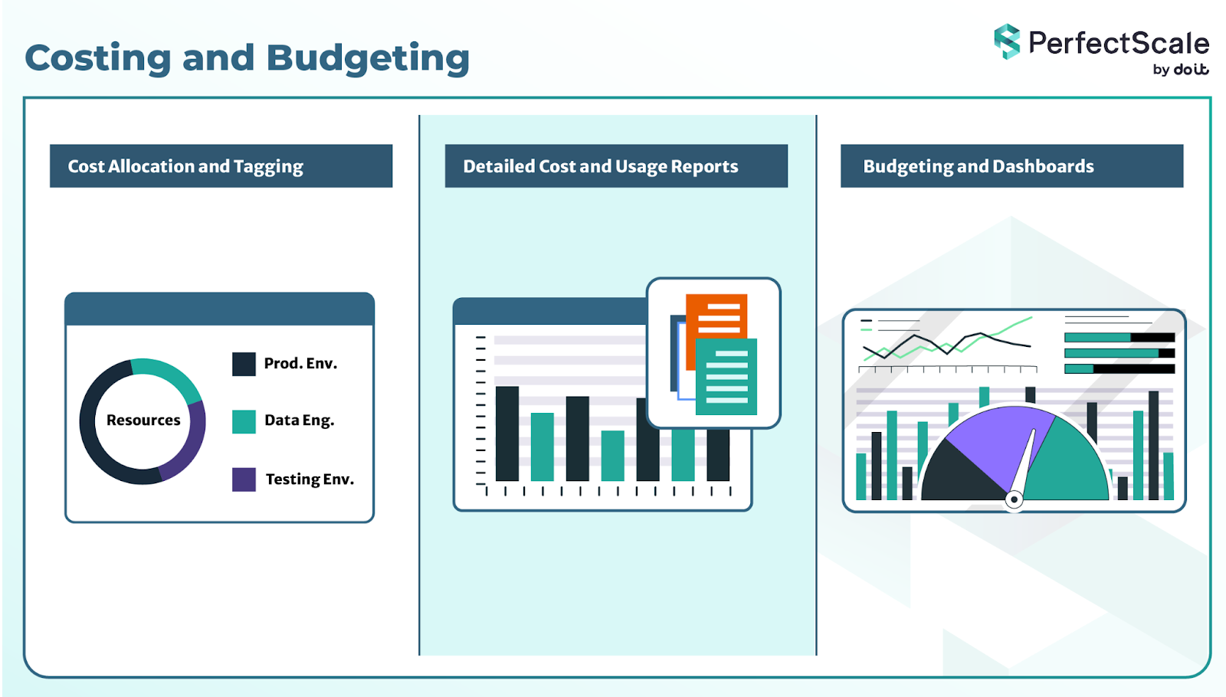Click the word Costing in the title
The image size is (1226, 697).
(x=97, y=58)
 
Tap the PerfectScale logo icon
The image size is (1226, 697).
(x=1007, y=41)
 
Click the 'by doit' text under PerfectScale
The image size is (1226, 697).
(x=1180, y=70)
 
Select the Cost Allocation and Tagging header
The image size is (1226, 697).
(x=221, y=166)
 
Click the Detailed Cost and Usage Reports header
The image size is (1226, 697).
(x=616, y=166)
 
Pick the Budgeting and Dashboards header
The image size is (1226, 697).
(x=1011, y=166)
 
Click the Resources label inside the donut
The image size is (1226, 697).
(x=143, y=420)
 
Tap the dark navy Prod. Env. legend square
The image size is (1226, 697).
(x=244, y=364)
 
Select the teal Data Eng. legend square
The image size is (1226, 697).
(x=244, y=421)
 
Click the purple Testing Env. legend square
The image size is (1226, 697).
(x=244, y=479)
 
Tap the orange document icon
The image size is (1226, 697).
(x=717, y=314)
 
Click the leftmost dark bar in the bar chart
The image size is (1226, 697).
(x=507, y=434)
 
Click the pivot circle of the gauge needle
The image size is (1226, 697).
(x=1014, y=499)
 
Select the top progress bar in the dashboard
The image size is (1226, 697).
(x=1119, y=337)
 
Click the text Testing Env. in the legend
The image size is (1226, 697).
(x=310, y=479)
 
